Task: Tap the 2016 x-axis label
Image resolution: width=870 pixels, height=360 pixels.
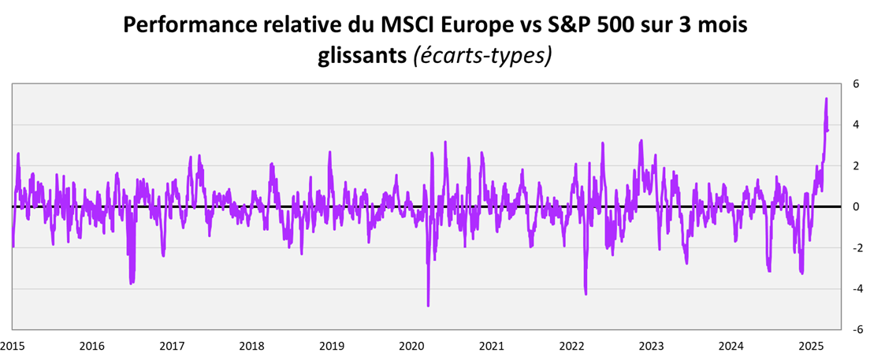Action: (92, 346)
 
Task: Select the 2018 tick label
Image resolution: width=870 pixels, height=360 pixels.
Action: (251, 346)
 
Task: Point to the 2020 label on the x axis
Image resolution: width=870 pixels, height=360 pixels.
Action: (411, 346)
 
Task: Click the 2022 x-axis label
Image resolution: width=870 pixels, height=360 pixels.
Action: (571, 346)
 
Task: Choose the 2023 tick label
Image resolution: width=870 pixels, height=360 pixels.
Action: (651, 346)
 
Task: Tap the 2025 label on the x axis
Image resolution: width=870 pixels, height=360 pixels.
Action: (811, 346)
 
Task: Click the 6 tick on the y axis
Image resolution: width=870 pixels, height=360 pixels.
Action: (856, 84)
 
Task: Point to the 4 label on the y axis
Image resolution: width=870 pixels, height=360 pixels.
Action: (856, 124)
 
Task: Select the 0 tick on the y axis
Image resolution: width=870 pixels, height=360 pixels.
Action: (856, 206)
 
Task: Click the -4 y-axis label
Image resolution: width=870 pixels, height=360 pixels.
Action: (854, 288)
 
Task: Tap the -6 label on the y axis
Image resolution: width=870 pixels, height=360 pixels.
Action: (854, 329)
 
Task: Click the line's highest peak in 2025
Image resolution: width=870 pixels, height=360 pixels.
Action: (826, 98)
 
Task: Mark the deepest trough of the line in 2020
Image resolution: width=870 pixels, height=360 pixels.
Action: (428, 305)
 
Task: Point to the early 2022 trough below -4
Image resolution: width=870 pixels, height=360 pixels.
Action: (586, 294)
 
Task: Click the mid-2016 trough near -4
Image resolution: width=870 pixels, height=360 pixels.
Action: (131, 283)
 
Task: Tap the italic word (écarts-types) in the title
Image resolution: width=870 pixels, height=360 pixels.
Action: (481, 57)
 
